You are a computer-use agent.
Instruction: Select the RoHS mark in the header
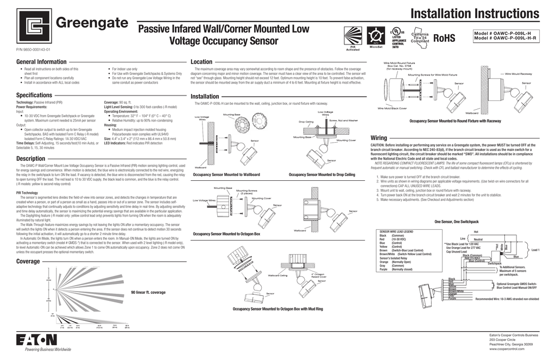[444, 38]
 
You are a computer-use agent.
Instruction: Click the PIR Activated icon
[352, 36]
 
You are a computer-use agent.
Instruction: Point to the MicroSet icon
[376, 35]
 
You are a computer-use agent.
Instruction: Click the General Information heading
[41, 62]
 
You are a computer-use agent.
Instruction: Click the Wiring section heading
[378, 138]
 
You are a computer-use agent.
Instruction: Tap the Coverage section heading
[28, 261]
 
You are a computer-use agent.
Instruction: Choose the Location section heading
[201, 62]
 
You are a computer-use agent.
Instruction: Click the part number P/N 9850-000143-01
[33, 49]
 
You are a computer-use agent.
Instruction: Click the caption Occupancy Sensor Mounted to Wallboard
[226, 175]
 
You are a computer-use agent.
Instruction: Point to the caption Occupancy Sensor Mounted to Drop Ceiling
[321, 175]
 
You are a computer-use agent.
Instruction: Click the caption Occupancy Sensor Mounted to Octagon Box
[226, 233]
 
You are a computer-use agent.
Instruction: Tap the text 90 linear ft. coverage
[148, 293]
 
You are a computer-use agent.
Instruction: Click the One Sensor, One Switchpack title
[456, 222]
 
